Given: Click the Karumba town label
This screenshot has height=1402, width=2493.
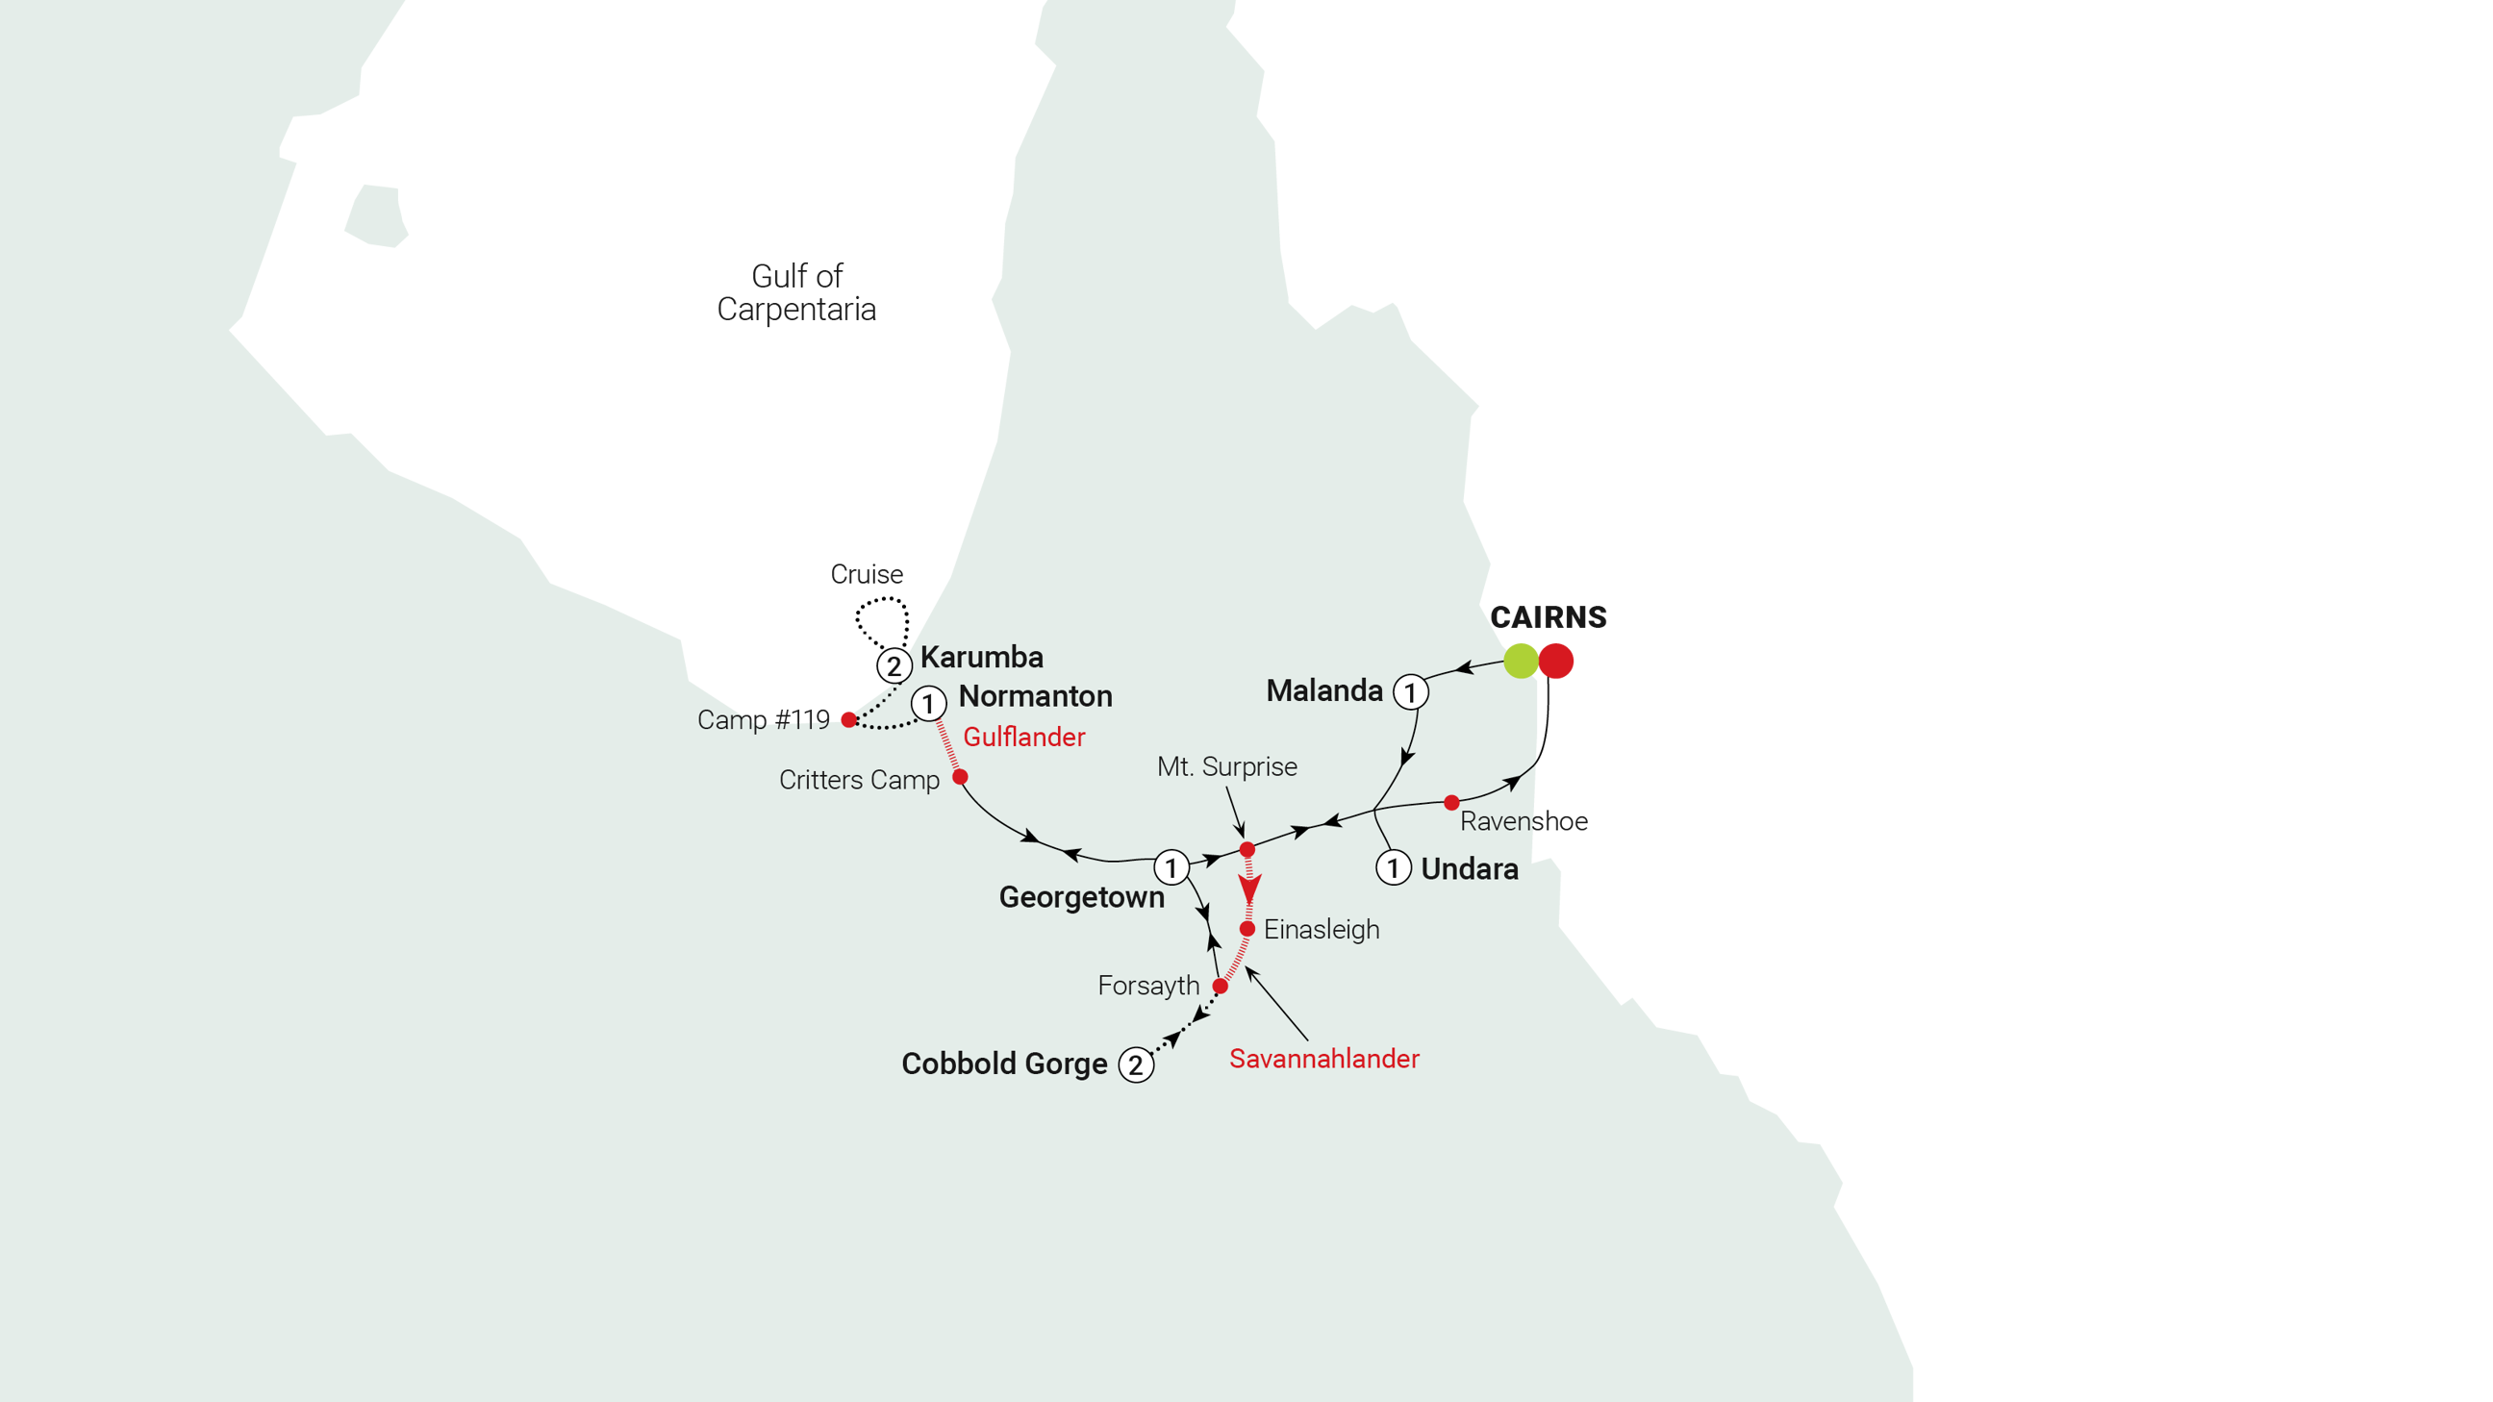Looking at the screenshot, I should (x=981, y=657).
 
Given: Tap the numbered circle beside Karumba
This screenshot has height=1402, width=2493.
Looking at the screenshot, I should (x=894, y=665).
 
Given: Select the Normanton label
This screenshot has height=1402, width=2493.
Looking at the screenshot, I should (x=1035, y=695).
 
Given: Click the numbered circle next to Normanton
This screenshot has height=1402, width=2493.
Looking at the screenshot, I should (x=929, y=704).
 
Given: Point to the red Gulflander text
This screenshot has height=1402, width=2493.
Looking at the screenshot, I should (x=1024, y=738).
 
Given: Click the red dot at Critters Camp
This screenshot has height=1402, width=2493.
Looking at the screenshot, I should (x=960, y=777).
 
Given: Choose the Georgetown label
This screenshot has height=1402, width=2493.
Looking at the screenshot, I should (x=1081, y=897).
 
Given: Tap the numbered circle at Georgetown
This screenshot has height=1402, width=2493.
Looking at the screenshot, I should (x=1171, y=867).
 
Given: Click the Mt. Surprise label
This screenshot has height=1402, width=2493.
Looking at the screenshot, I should (x=1226, y=766).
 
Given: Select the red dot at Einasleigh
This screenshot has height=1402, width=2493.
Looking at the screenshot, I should (x=1247, y=929).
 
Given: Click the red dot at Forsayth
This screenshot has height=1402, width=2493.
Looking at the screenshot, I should (x=1221, y=986).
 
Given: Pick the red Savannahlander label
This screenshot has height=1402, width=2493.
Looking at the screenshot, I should (x=1323, y=1059).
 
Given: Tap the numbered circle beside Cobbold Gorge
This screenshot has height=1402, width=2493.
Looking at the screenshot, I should (x=1136, y=1064).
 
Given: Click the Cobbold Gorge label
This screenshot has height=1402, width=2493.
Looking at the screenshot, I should (x=1003, y=1064).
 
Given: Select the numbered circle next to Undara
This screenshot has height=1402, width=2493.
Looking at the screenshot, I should (x=1394, y=867).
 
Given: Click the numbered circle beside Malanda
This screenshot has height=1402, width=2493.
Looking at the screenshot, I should (x=1410, y=691).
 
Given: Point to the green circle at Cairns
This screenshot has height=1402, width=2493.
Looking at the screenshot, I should (x=1521, y=660).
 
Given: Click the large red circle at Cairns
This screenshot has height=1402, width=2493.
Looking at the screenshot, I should (x=1557, y=661).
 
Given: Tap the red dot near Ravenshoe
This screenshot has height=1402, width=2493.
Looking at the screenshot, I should (x=1451, y=802).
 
